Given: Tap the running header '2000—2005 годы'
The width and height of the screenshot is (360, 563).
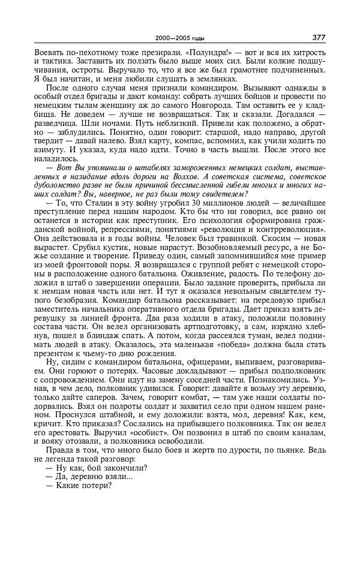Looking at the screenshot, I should [179, 38].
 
